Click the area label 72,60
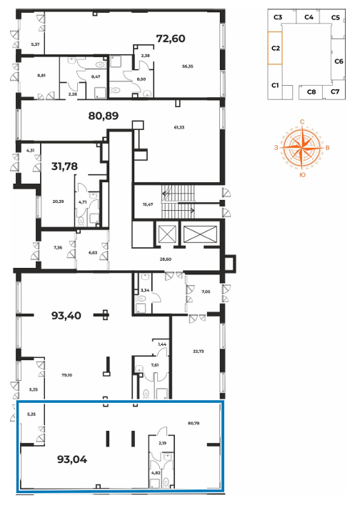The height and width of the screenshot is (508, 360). pos(171,39)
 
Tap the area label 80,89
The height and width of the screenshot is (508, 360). pos(104,116)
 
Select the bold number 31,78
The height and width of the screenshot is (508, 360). pos(64,166)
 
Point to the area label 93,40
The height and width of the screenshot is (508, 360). pos(66,316)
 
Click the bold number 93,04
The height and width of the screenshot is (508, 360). pos(72,459)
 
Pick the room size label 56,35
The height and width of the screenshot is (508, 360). pos(188,66)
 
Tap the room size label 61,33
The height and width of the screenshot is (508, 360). pos(179,127)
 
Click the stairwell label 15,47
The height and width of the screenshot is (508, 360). pos(148,204)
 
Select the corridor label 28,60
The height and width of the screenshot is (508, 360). pos(166,259)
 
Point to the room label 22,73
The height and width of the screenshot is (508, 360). pos(199,352)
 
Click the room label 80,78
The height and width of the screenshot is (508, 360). pos(194,423)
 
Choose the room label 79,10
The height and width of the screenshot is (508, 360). pos(66,375)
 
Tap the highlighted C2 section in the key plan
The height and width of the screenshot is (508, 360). pos(275,48)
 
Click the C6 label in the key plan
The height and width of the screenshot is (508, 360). pos(339,61)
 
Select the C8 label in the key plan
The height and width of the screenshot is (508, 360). pos(311,92)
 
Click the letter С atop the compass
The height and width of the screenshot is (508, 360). pos(302,121)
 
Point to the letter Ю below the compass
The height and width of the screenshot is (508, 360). pos(302,175)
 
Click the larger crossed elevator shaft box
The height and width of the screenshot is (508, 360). pos(200,234)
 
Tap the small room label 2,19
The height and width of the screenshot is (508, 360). pos(163,443)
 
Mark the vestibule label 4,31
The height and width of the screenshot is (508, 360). pos(30,150)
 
